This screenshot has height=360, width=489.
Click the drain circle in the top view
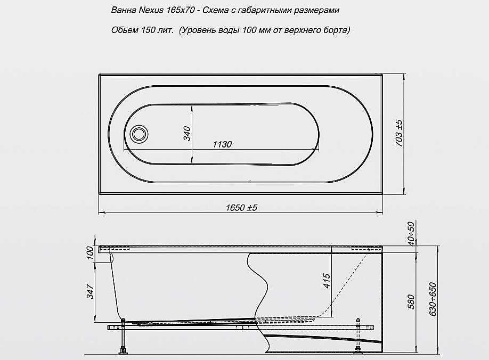138,134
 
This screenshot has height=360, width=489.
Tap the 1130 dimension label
222,144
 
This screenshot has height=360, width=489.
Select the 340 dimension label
187,134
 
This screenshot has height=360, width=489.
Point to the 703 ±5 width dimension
399,133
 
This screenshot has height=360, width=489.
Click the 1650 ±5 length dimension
241,208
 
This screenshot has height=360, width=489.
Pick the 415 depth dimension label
327,281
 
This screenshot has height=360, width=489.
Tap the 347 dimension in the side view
90,291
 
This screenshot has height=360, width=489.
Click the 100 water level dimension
90,253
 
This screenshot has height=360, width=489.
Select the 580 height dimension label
411,301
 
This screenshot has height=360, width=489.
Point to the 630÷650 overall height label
433,299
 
